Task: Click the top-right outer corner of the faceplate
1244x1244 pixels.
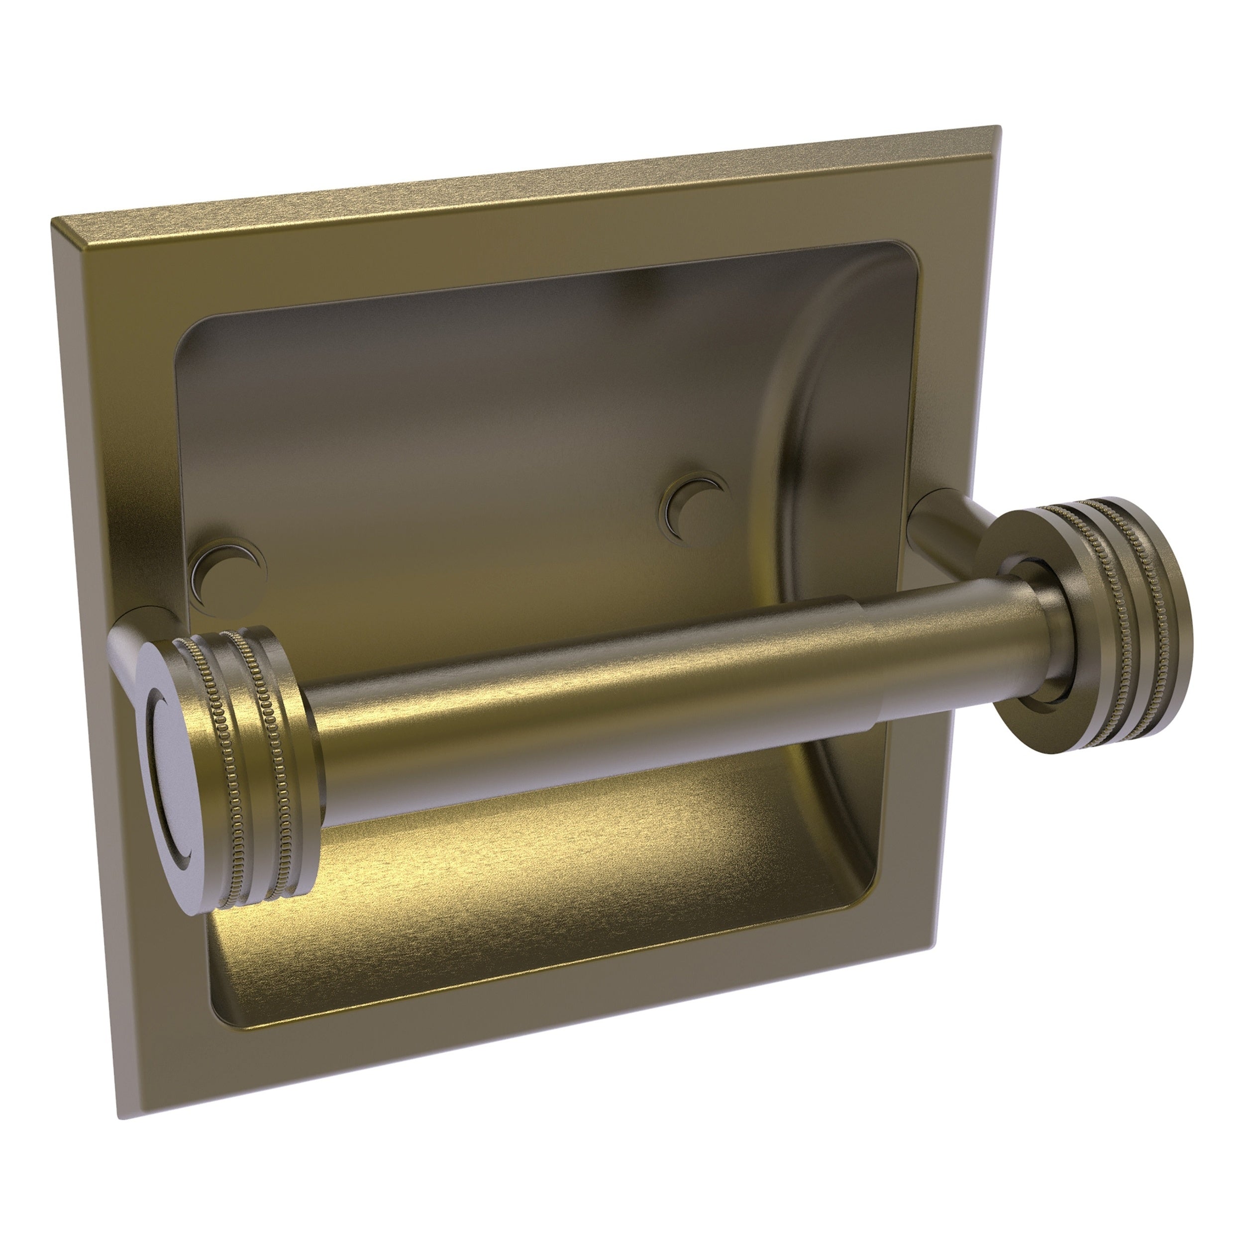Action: point(981,127)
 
